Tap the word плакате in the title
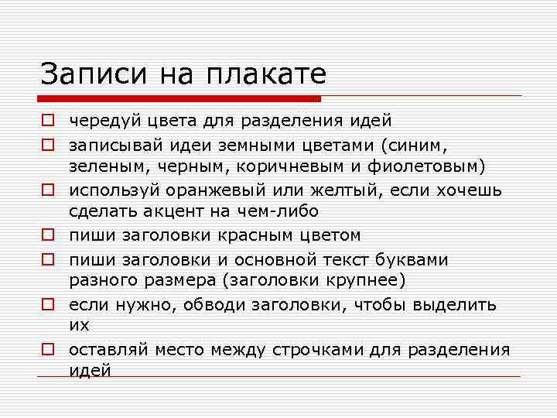[265, 74]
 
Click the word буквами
[415, 259]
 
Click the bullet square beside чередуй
[48, 121]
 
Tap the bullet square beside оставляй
[48, 350]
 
